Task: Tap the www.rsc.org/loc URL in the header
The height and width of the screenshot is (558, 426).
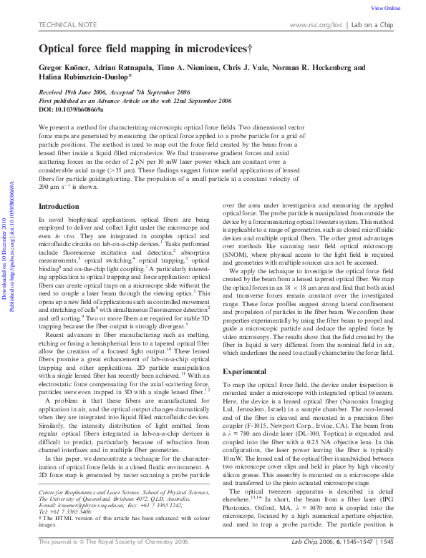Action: [x=318, y=25]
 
